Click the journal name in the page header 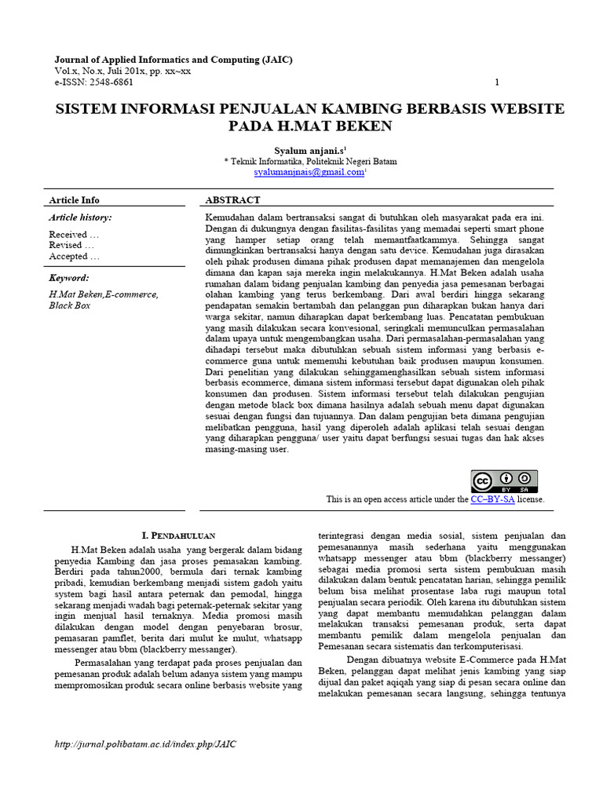(x=166, y=60)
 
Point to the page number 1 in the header (x=497, y=82)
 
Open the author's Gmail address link (x=309, y=172)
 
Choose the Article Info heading (x=75, y=200)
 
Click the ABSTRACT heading (x=232, y=200)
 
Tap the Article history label (x=80, y=217)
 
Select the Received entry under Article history (x=74, y=234)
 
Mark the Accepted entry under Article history (x=74, y=256)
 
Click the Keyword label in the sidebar (x=69, y=278)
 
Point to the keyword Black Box (x=70, y=305)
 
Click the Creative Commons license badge (x=504, y=481)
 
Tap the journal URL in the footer (x=145, y=744)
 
